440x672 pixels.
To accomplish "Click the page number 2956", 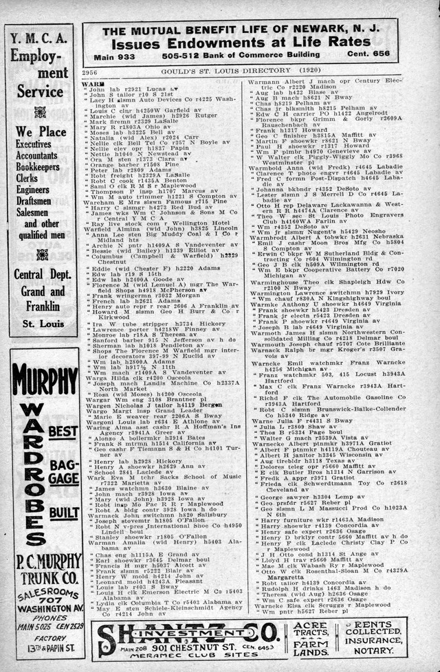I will pos(91,71).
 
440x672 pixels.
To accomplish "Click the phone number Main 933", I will pos(114,55).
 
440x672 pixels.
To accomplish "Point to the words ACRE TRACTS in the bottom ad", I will pos(310,631).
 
